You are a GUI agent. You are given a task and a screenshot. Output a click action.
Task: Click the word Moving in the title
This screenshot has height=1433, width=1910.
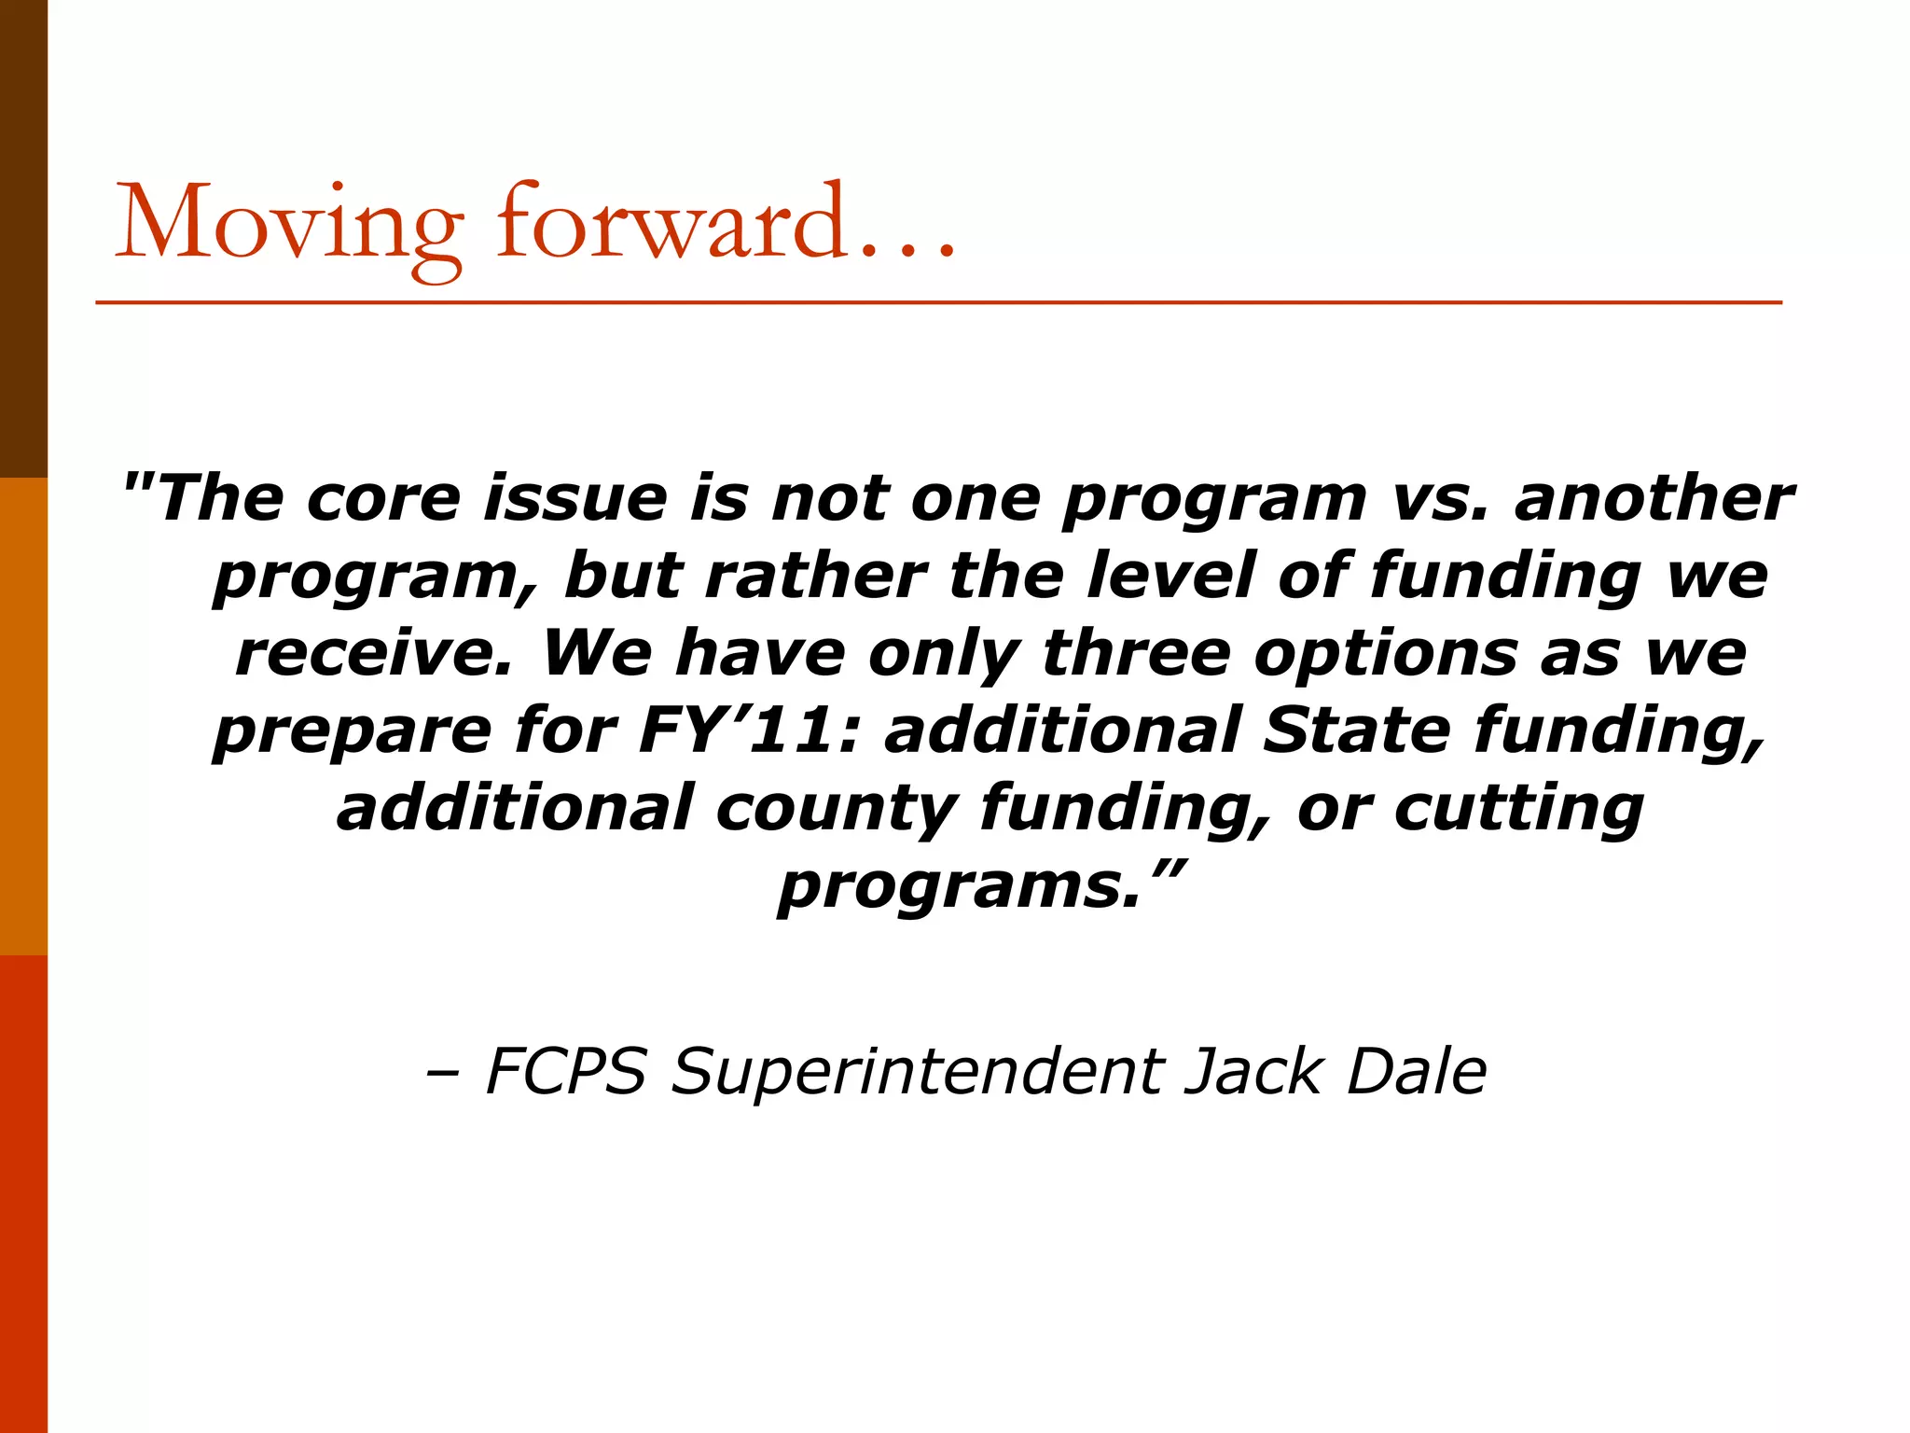[x=288, y=224]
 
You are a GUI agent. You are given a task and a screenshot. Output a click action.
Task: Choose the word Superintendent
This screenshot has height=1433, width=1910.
[x=918, y=1073]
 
